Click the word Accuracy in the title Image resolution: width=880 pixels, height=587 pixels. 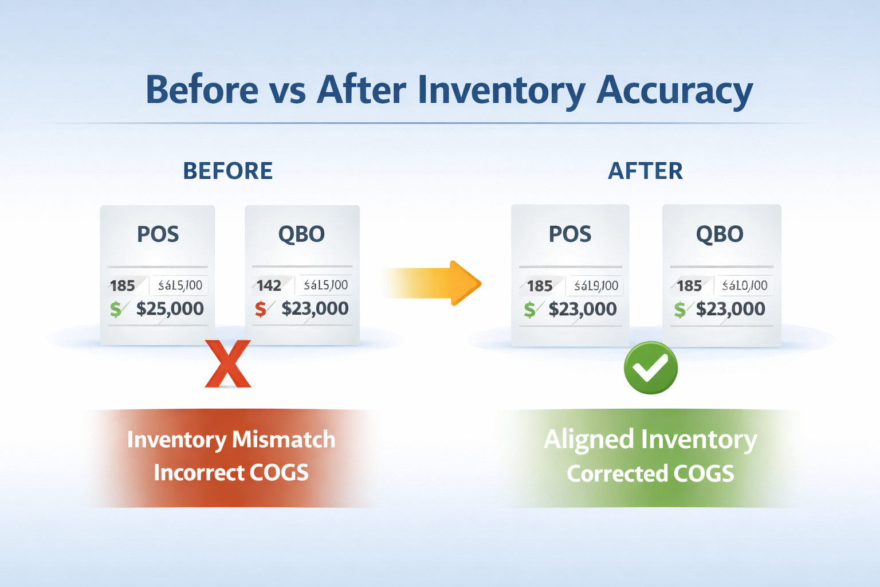pos(674,91)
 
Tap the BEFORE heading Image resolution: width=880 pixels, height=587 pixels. pos(227,171)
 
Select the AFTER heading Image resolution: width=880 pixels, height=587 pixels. pos(645,171)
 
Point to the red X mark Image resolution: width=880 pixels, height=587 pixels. pos(228,364)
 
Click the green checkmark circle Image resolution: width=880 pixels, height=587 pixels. pos(650,367)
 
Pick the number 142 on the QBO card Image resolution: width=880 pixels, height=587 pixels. pos(269,285)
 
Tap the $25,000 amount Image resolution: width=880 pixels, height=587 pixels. pos(170,308)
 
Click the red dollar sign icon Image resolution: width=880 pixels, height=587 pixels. pos(261,309)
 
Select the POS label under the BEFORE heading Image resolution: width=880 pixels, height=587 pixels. pos(158,234)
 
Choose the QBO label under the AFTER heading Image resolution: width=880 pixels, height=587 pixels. pos(720,234)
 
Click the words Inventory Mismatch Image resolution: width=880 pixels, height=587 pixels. pos(231,440)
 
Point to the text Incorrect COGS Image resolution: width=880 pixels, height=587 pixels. pos(231,473)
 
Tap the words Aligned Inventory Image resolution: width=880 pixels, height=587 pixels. pos(650,440)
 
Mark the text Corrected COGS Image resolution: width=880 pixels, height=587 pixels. pos(650,473)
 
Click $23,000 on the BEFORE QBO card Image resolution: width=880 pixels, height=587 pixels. pos(315,308)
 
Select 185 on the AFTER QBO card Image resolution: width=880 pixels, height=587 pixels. pos(689,285)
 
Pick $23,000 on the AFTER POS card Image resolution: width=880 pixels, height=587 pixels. pos(582,309)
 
